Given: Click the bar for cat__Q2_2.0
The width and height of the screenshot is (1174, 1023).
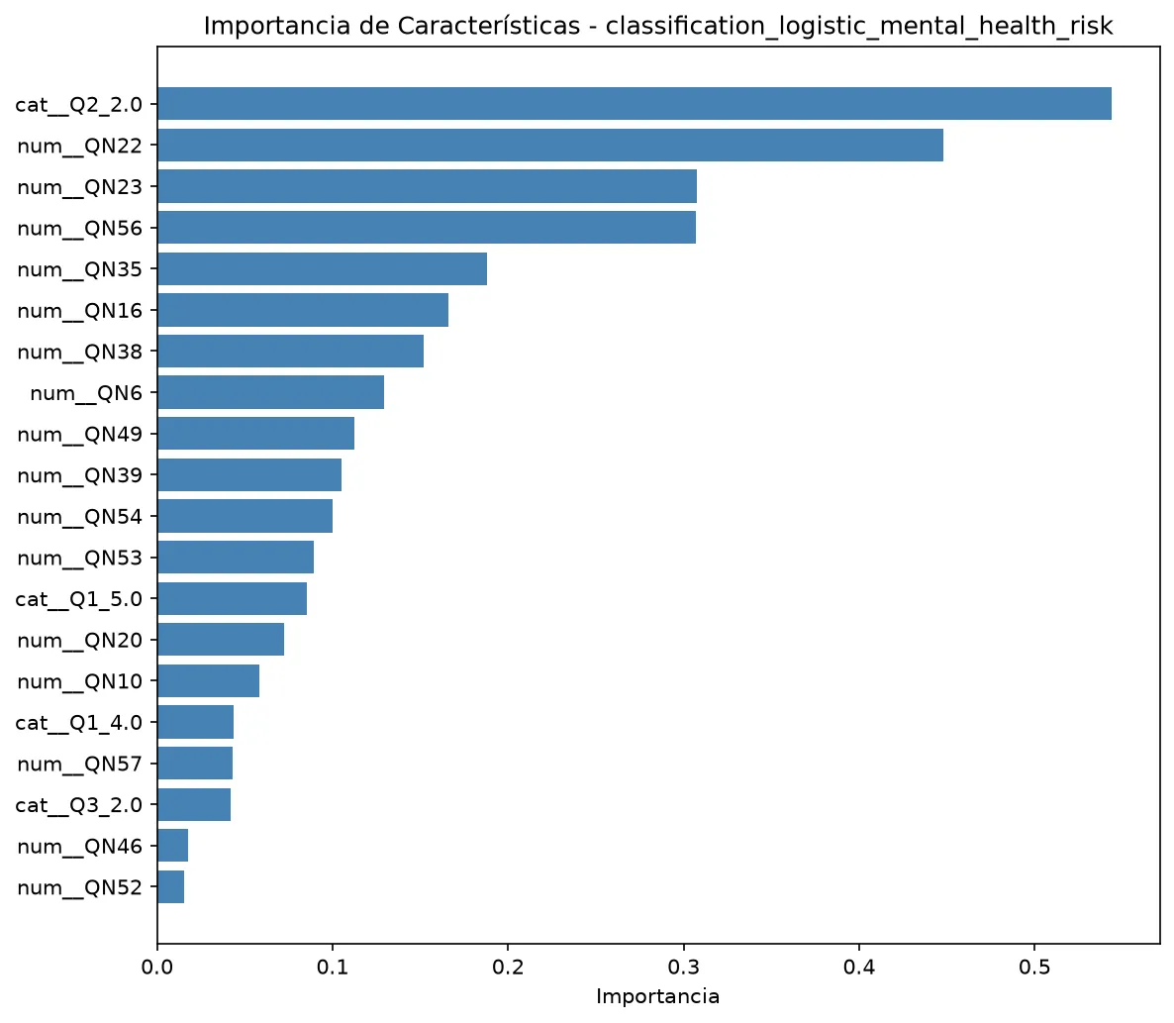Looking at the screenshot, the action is [x=635, y=103].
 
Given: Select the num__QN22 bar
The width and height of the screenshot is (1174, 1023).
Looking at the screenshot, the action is [x=550, y=145].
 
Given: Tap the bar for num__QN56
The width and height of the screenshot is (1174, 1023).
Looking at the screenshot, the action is [x=427, y=227].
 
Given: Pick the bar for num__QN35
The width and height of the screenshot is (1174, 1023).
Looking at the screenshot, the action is [x=322, y=268].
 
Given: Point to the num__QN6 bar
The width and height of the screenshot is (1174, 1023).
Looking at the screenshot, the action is [x=271, y=392].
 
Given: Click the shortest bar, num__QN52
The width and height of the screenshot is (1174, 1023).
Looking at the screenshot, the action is [x=170, y=886].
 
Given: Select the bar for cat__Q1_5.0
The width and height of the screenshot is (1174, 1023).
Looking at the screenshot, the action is [x=232, y=598].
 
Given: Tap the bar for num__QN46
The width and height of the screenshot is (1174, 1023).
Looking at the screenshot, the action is [x=173, y=846].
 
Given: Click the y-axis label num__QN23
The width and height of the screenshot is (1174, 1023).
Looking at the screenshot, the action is [x=79, y=187].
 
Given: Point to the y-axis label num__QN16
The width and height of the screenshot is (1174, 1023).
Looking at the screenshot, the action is [x=79, y=311].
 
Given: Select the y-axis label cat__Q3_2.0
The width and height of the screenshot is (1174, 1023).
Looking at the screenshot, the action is [x=78, y=805].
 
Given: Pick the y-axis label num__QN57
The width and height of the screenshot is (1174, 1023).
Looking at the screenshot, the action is [x=79, y=764].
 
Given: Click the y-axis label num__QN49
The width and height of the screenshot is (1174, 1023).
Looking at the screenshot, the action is [x=79, y=435].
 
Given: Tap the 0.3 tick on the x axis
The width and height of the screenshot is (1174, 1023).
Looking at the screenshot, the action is [x=684, y=948].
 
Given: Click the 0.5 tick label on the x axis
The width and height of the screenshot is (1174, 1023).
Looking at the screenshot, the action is [x=1034, y=968].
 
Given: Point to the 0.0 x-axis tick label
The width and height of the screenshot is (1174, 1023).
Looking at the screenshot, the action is [x=157, y=968].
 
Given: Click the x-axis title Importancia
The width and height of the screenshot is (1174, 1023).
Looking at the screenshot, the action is [x=658, y=997].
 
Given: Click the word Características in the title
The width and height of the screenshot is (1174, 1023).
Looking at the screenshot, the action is [x=488, y=26].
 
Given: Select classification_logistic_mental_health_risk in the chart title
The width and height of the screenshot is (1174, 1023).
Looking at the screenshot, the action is [x=859, y=27].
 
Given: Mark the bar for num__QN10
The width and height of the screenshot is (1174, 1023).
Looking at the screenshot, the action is [x=209, y=680].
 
